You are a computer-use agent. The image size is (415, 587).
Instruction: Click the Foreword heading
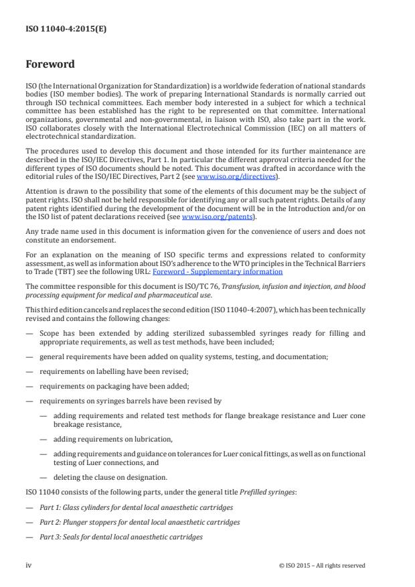tap(50, 65)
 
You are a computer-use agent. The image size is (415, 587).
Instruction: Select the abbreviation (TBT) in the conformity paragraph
tap(67, 272)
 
